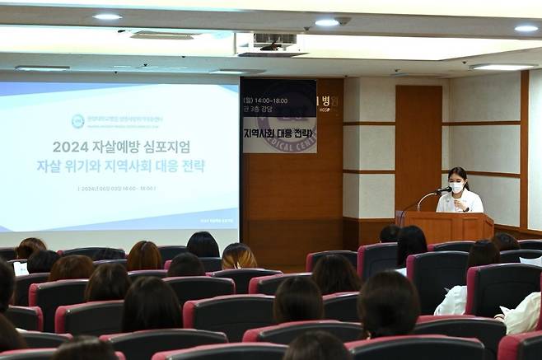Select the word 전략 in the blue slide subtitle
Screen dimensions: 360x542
190,166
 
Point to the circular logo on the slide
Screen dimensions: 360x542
77,121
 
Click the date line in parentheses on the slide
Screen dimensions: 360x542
116,189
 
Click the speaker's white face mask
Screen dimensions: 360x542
456,187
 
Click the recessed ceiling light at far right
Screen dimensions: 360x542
526,28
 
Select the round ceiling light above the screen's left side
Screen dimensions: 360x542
106,16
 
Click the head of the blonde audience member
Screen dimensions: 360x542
238,255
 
